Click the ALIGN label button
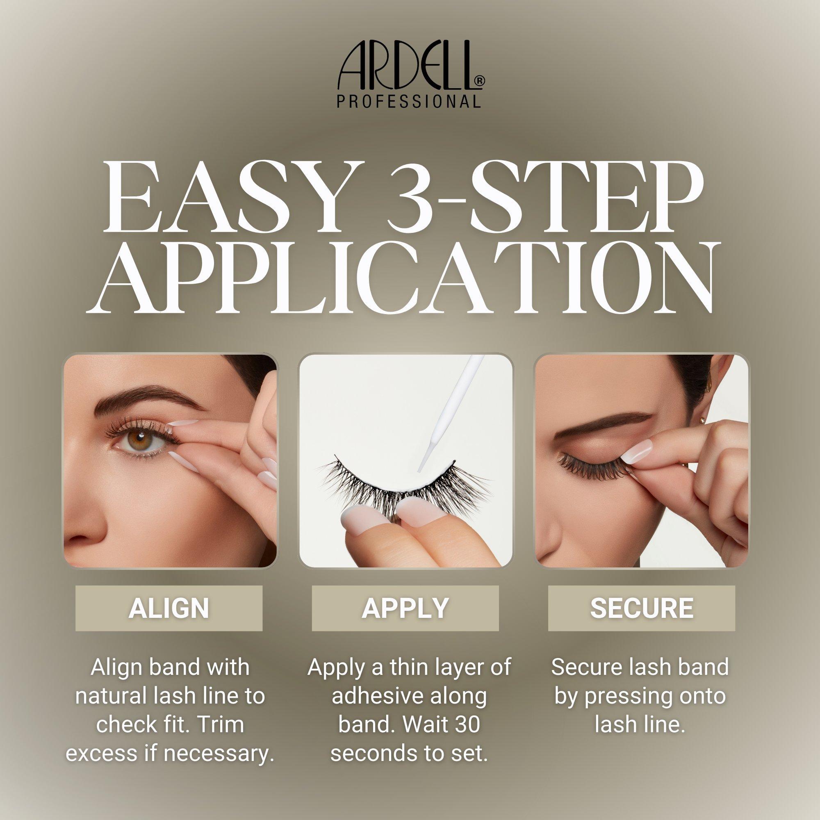click(169, 608)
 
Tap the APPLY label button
click(405, 608)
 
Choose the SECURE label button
click(642, 608)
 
